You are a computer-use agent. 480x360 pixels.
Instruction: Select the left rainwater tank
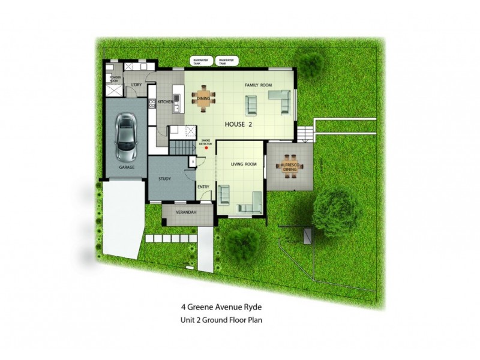(x=200, y=61)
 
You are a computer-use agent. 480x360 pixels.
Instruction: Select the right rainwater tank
(x=226, y=61)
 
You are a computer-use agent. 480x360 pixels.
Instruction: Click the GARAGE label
(x=126, y=167)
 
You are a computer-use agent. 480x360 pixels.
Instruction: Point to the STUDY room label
(x=165, y=179)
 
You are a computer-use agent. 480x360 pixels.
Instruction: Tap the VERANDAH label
(x=187, y=214)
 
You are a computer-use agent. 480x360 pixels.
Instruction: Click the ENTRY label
(x=203, y=187)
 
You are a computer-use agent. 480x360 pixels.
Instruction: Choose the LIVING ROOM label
(x=244, y=163)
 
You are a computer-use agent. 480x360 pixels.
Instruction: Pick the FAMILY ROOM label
(x=259, y=86)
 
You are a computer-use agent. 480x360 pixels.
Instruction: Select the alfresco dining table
(x=290, y=166)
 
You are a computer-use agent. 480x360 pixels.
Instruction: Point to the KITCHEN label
(x=166, y=102)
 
